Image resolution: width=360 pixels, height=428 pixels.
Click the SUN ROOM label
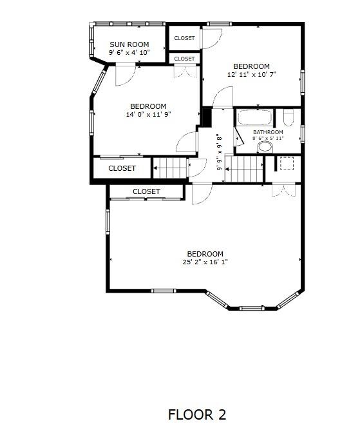(x=129, y=44)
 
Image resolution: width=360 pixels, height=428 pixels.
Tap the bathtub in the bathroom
(x=254, y=117)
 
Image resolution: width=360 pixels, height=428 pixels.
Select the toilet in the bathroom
(x=289, y=117)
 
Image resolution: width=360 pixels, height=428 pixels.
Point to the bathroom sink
(x=265, y=148)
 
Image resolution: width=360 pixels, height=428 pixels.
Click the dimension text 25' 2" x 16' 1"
(x=205, y=262)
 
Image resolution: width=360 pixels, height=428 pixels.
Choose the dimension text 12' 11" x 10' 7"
(x=252, y=74)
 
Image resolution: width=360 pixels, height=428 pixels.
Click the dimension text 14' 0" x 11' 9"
(x=148, y=114)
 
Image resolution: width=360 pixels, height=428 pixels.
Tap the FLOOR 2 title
(x=197, y=414)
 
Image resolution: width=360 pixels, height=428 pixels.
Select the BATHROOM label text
(x=268, y=132)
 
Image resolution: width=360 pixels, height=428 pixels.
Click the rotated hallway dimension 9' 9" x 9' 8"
(x=219, y=152)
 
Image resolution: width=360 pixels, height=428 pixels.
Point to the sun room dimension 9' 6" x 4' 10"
(x=129, y=52)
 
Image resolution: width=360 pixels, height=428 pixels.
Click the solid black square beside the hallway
(x=207, y=117)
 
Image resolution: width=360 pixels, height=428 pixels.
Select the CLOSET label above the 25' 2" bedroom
(x=146, y=191)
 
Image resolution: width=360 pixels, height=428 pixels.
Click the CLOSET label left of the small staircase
(x=122, y=168)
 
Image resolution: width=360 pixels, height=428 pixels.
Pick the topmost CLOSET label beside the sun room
(x=184, y=38)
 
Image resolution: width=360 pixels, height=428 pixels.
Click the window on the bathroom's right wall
(x=303, y=133)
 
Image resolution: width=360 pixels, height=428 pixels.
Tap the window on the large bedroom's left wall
(x=108, y=222)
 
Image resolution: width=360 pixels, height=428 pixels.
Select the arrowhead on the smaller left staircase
(x=155, y=168)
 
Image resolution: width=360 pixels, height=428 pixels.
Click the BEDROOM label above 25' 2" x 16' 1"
(x=205, y=254)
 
